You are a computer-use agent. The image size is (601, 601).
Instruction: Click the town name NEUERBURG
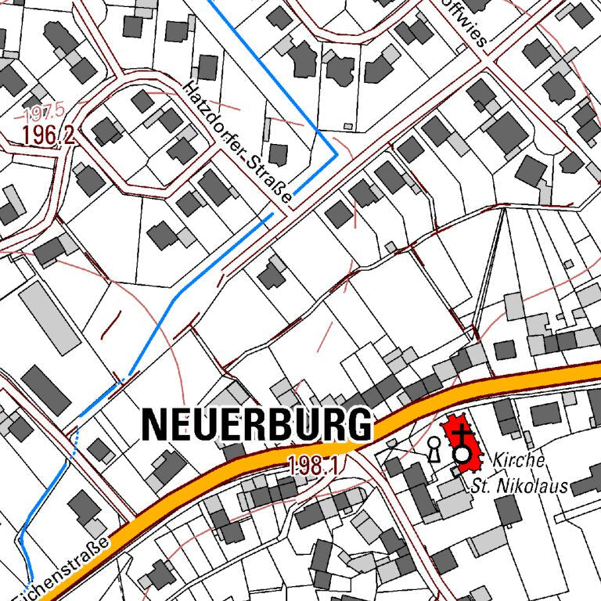256,425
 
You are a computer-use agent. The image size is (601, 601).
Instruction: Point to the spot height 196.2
48,135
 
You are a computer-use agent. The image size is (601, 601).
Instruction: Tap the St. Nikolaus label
519,486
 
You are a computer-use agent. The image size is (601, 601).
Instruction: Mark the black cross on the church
463,433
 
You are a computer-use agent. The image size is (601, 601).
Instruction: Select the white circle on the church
463,455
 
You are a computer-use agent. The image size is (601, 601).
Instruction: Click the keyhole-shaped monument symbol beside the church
434,448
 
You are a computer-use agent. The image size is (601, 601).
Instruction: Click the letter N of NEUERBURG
153,425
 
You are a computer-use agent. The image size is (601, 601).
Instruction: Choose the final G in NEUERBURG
359,425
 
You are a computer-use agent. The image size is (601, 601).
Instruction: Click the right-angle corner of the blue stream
336,156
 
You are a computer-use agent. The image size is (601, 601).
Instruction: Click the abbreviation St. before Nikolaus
480,486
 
